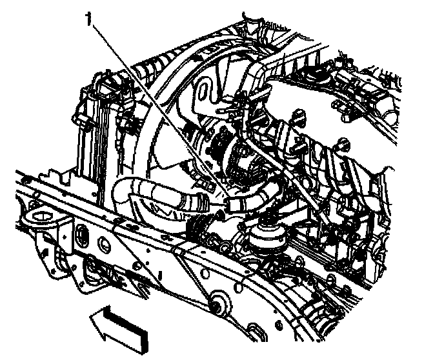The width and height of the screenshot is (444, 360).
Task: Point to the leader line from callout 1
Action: (x=155, y=110)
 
